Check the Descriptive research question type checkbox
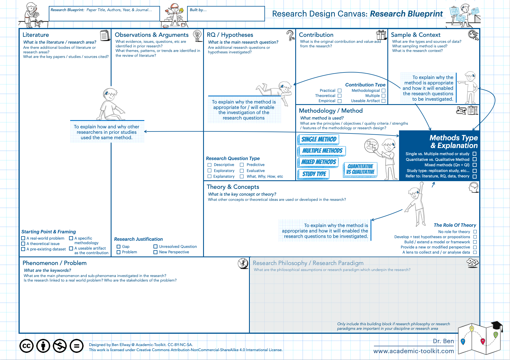[210, 165]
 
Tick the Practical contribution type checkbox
[339, 91]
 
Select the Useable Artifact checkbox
[383, 101]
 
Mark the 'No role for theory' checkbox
[475, 232]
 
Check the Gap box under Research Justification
[119, 247]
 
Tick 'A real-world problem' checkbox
[23, 238]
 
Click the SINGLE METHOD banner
[319, 139]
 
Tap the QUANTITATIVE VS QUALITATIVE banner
[360, 169]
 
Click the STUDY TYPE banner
[314, 174]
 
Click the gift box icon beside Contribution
[381, 35]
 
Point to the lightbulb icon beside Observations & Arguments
[197, 35]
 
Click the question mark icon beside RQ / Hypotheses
[290, 35]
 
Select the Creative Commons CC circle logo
[27, 346]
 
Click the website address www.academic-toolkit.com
[414, 351]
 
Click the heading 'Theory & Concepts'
[233, 187]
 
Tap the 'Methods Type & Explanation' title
[454, 141]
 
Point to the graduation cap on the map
[496, 325]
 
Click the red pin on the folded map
[483, 341]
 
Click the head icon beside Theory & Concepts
[474, 187]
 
